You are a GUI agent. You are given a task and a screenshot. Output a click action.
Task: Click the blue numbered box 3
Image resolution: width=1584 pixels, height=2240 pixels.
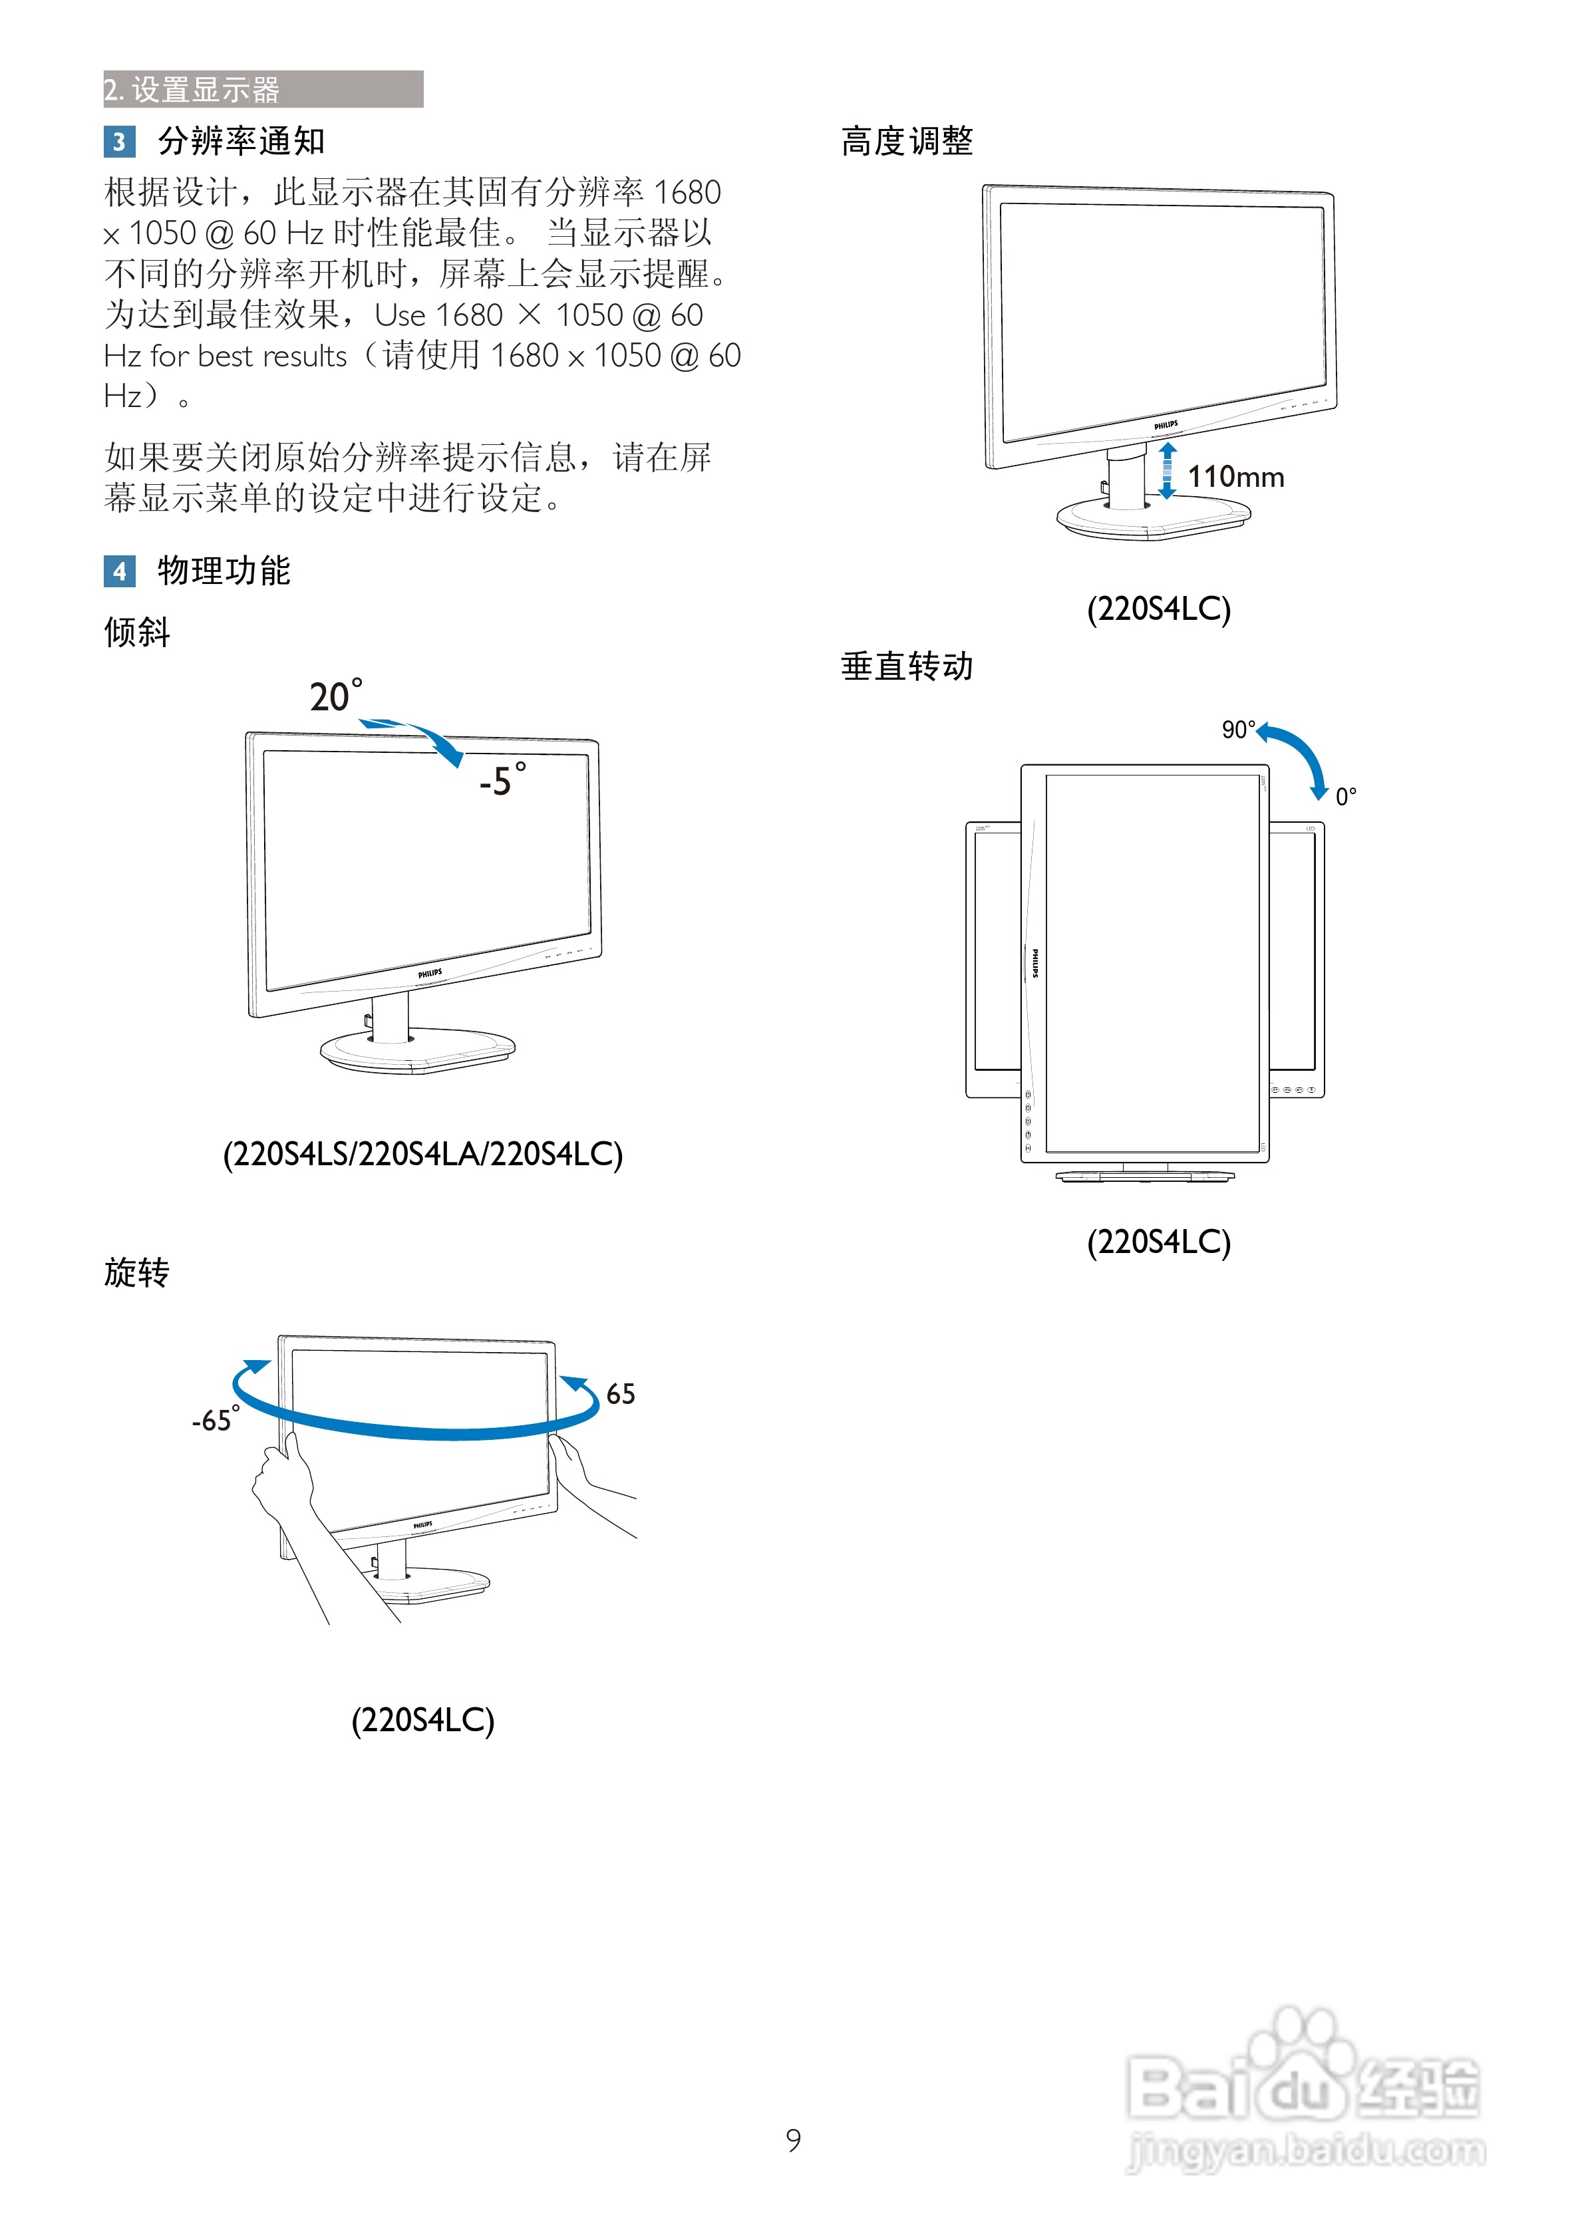(x=119, y=142)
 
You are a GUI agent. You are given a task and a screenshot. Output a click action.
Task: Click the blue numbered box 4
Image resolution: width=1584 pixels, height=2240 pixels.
(x=119, y=571)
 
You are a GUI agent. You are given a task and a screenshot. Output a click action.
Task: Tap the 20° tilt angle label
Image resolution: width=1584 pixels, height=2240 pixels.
(x=335, y=696)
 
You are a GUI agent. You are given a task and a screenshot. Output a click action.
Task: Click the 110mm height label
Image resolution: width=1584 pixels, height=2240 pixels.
(x=1235, y=477)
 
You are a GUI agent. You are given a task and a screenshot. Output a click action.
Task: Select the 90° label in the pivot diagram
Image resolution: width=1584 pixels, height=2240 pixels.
(x=1237, y=730)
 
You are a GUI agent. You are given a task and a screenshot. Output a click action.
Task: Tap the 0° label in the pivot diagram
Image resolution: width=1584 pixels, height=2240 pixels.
(x=1345, y=796)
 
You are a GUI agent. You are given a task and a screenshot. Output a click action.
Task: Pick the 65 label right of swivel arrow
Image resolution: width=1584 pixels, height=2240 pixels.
(x=620, y=1394)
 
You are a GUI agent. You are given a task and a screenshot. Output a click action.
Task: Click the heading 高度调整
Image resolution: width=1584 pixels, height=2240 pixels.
(x=907, y=142)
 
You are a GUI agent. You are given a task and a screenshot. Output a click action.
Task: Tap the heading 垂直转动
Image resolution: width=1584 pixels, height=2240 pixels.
(x=907, y=666)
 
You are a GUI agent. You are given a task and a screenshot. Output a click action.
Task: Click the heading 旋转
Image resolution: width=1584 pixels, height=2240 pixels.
(x=136, y=1272)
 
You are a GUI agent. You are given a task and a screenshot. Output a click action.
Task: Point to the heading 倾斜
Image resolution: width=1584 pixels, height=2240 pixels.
(x=136, y=632)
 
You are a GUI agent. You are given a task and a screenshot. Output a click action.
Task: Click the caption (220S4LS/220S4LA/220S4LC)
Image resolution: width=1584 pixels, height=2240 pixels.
(x=422, y=1154)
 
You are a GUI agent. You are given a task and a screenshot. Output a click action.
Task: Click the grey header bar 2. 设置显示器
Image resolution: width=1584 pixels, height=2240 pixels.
(x=263, y=88)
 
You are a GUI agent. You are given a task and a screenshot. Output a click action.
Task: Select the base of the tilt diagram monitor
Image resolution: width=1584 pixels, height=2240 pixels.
(x=418, y=1051)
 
